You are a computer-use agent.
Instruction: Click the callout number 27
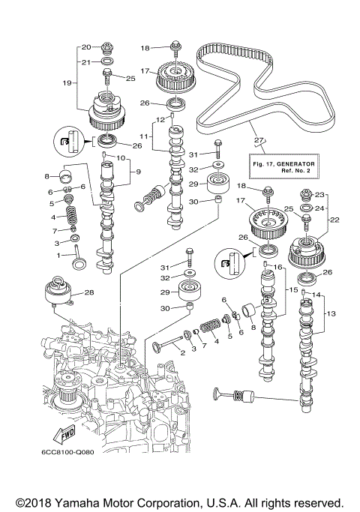click(x=259, y=139)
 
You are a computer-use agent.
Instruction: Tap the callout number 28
click(x=89, y=292)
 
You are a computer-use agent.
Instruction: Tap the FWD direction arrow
click(x=61, y=435)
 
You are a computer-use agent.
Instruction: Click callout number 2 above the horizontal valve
click(x=182, y=353)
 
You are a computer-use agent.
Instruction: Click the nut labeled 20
click(x=106, y=47)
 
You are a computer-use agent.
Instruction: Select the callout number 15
click(x=292, y=289)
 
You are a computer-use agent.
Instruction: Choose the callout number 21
click(x=85, y=61)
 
